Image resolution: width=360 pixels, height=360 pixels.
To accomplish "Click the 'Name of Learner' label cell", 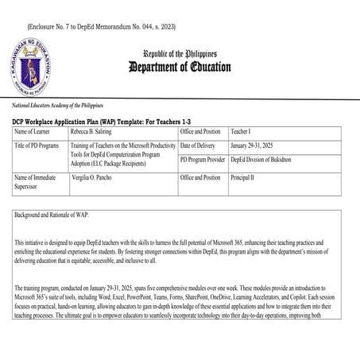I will pos(36,130).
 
